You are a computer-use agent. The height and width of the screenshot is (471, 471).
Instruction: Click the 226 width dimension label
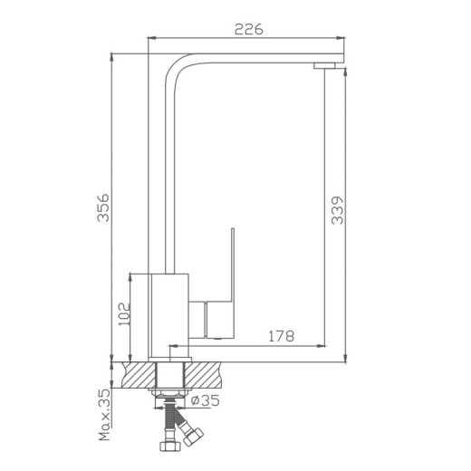click(247, 29)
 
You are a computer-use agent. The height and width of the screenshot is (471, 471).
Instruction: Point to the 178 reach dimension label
click(280, 336)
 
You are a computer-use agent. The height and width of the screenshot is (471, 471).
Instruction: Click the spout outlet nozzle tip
click(323, 66)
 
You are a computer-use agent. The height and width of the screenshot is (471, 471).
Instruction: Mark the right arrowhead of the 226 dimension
click(343, 37)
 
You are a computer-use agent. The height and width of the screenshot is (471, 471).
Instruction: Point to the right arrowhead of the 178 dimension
click(323, 345)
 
